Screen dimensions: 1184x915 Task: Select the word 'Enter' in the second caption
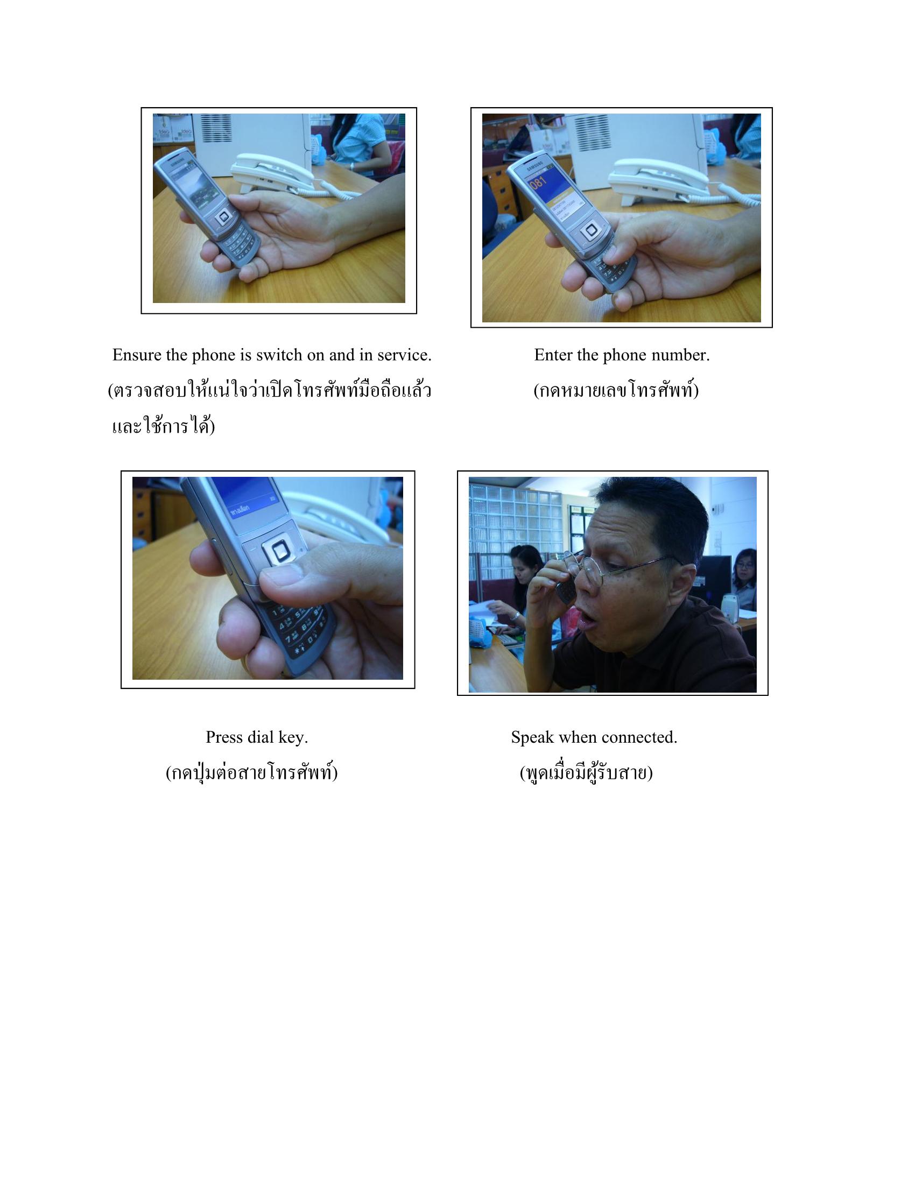552,355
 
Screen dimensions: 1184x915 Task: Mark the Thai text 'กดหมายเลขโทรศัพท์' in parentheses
616,391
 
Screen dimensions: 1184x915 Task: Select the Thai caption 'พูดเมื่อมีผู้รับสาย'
586,772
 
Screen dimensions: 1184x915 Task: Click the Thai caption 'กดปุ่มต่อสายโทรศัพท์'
251,772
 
